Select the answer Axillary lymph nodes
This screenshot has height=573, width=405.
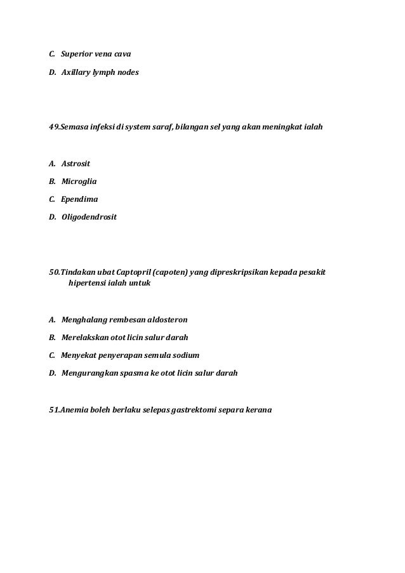[100, 73]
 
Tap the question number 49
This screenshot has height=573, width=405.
[54, 127]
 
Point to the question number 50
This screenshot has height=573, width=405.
[54, 272]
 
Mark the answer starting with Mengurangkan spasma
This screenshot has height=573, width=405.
[149, 372]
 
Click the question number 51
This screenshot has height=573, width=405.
[54, 410]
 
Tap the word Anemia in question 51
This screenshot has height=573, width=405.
[74, 410]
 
